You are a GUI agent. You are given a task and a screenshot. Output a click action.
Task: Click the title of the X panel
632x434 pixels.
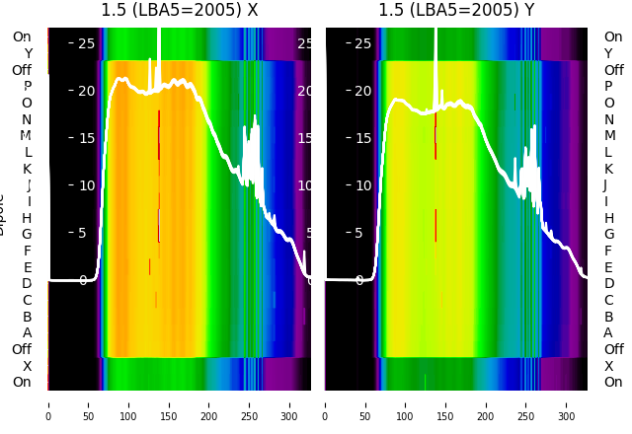click(179, 11)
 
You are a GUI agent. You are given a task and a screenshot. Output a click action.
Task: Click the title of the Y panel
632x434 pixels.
click(456, 11)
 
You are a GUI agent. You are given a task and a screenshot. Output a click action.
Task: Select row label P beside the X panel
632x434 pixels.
click(27, 87)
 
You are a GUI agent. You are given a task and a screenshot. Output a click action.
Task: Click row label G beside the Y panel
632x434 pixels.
click(608, 235)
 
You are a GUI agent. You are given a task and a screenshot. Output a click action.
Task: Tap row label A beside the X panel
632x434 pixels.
click(27, 333)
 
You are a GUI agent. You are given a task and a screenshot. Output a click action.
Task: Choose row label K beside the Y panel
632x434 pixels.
click(608, 169)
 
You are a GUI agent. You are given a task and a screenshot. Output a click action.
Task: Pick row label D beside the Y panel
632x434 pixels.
click(608, 284)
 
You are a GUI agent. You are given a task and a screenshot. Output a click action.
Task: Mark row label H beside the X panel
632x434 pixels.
click(27, 218)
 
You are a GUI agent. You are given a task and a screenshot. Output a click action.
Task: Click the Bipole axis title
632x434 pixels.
click(3, 213)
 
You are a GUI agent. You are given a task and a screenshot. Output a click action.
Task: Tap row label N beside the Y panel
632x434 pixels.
click(608, 119)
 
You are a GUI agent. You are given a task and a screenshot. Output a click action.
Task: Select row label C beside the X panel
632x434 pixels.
click(27, 300)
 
